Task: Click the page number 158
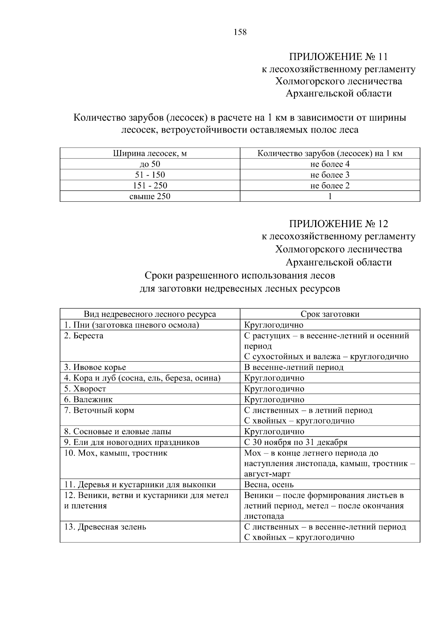coord(240,32)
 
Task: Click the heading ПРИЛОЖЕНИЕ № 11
coord(338,57)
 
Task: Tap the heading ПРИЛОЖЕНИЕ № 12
coord(338,224)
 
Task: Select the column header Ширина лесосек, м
coord(150,153)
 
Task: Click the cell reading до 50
coord(150,164)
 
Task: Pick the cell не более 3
coord(330,175)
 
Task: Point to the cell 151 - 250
coord(150,186)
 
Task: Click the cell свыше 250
coord(150,197)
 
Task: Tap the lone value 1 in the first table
coord(330,197)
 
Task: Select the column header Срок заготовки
coord(330,314)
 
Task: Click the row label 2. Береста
coord(84,336)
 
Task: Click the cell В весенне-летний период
coord(293,367)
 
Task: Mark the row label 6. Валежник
coord(88,400)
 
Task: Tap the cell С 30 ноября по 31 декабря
coord(296,442)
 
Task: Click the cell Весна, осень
coord(269,485)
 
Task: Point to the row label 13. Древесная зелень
coord(105,527)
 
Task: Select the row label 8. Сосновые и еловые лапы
coord(118,432)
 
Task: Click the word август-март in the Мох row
coord(267,474)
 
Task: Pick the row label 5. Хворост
coord(85,389)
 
